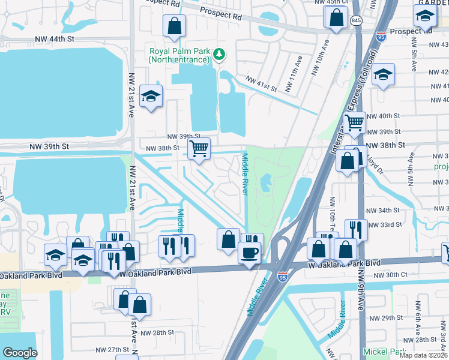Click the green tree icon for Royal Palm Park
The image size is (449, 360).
tap(220, 55)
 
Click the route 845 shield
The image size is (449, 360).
tap(357, 20)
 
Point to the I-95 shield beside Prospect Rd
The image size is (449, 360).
tap(381, 37)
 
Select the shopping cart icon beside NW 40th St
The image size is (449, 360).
tap(355, 122)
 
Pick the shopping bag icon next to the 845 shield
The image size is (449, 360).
tap(337, 17)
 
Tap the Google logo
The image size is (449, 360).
tap(20, 353)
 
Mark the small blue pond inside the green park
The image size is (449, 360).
tap(266, 181)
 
